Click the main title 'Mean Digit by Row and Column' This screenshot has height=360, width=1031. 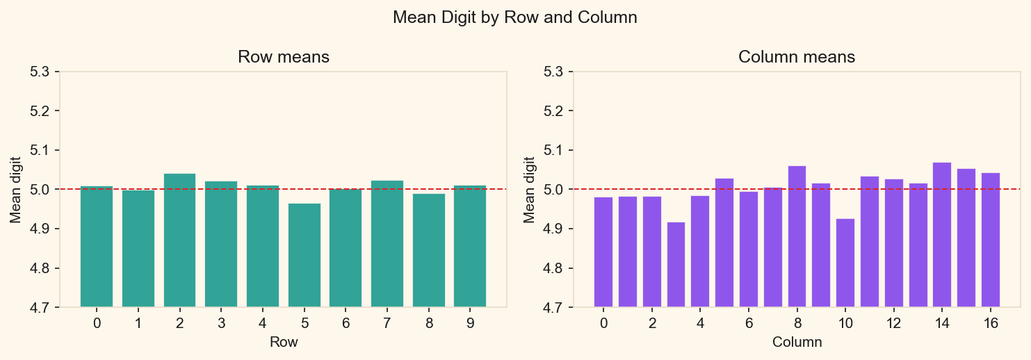click(x=515, y=18)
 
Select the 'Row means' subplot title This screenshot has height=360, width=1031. click(x=284, y=57)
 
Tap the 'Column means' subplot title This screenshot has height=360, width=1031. click(x=797, y=57)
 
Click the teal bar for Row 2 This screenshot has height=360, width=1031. click(x=179, y=240)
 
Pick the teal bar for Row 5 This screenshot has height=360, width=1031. click(x=305, y=255)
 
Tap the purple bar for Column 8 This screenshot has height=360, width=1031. click(x=797, y=236)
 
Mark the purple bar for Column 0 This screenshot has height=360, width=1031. click(x=603, y=252)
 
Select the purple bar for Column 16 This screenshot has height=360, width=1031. click(x=991, y=240)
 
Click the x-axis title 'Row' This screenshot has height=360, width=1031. click(x=284, y=343)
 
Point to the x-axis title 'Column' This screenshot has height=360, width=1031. click(x=797, y=343)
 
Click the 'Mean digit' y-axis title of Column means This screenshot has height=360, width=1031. click(x=530, y=189)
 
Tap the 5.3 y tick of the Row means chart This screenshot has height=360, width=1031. click(x=44, y=72)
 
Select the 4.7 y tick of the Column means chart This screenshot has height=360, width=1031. click(x=558, y=307)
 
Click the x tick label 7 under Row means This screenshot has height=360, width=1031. click(x=387, y=323)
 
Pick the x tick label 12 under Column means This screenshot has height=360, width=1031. click(x=893, y=323)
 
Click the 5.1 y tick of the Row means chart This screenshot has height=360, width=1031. click(x=44, y=150)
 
